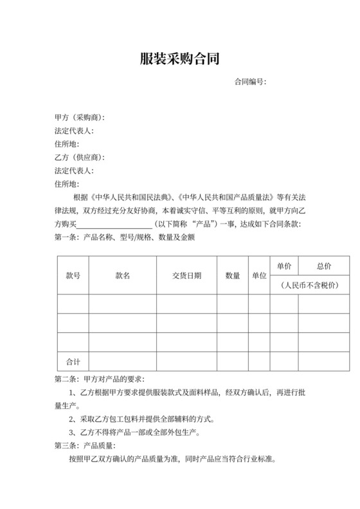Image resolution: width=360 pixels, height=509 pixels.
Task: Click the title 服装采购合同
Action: [x=179, y=60]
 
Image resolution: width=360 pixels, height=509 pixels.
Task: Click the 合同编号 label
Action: [x=250, y=82]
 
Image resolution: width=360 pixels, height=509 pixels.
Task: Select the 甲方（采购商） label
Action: [x=80, y=118]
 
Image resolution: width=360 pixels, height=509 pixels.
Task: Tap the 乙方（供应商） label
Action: [x=80, y=157]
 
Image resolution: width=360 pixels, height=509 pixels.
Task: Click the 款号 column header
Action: [x=73, y=276]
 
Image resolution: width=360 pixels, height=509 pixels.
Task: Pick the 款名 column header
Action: [x=123, y=276]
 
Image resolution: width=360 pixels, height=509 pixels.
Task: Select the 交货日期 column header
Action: [x=186, y=276]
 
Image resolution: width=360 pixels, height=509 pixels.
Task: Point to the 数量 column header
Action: [x=233, y=276]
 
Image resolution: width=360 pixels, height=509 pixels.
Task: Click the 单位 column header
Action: [x=259, y=276]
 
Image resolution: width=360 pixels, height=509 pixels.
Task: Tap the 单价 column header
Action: [x=284, y=266]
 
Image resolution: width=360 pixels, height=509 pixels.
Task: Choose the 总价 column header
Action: [x=324, y=266]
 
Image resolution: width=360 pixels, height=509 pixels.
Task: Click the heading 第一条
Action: [x=67, y=237]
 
